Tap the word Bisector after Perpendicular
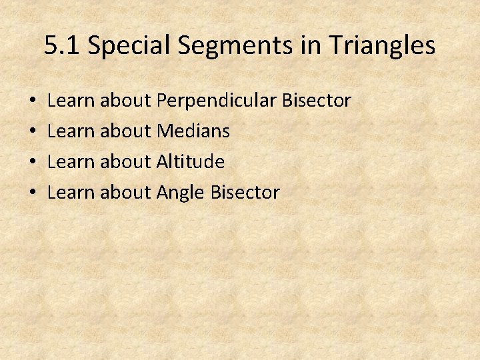coord(317,101)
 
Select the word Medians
coord(193,131)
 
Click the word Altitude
coord(190,161)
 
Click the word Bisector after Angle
coord(245,192)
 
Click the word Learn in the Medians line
coord(71,131)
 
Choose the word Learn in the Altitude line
coord(71,161)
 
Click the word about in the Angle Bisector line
coord(125,192)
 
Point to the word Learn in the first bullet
coord(71,101)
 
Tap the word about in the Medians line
coord(125,131)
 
